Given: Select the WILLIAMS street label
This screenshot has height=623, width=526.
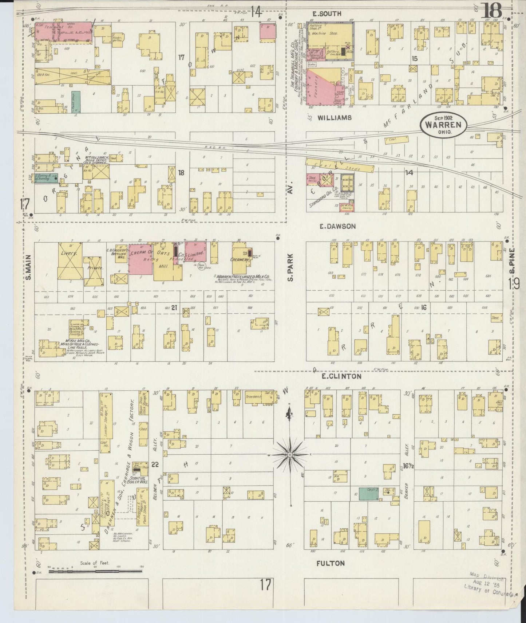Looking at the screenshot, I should click(x=334, y=118).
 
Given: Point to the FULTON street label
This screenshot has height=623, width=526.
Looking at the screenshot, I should click(x=330, y=563).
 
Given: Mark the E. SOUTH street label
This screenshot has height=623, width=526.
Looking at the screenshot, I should click(x=327, y=14).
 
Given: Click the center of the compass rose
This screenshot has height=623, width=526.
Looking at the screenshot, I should click(x=290, y=455).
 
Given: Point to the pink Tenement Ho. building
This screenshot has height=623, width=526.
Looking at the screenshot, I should click(x=64, y=33).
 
